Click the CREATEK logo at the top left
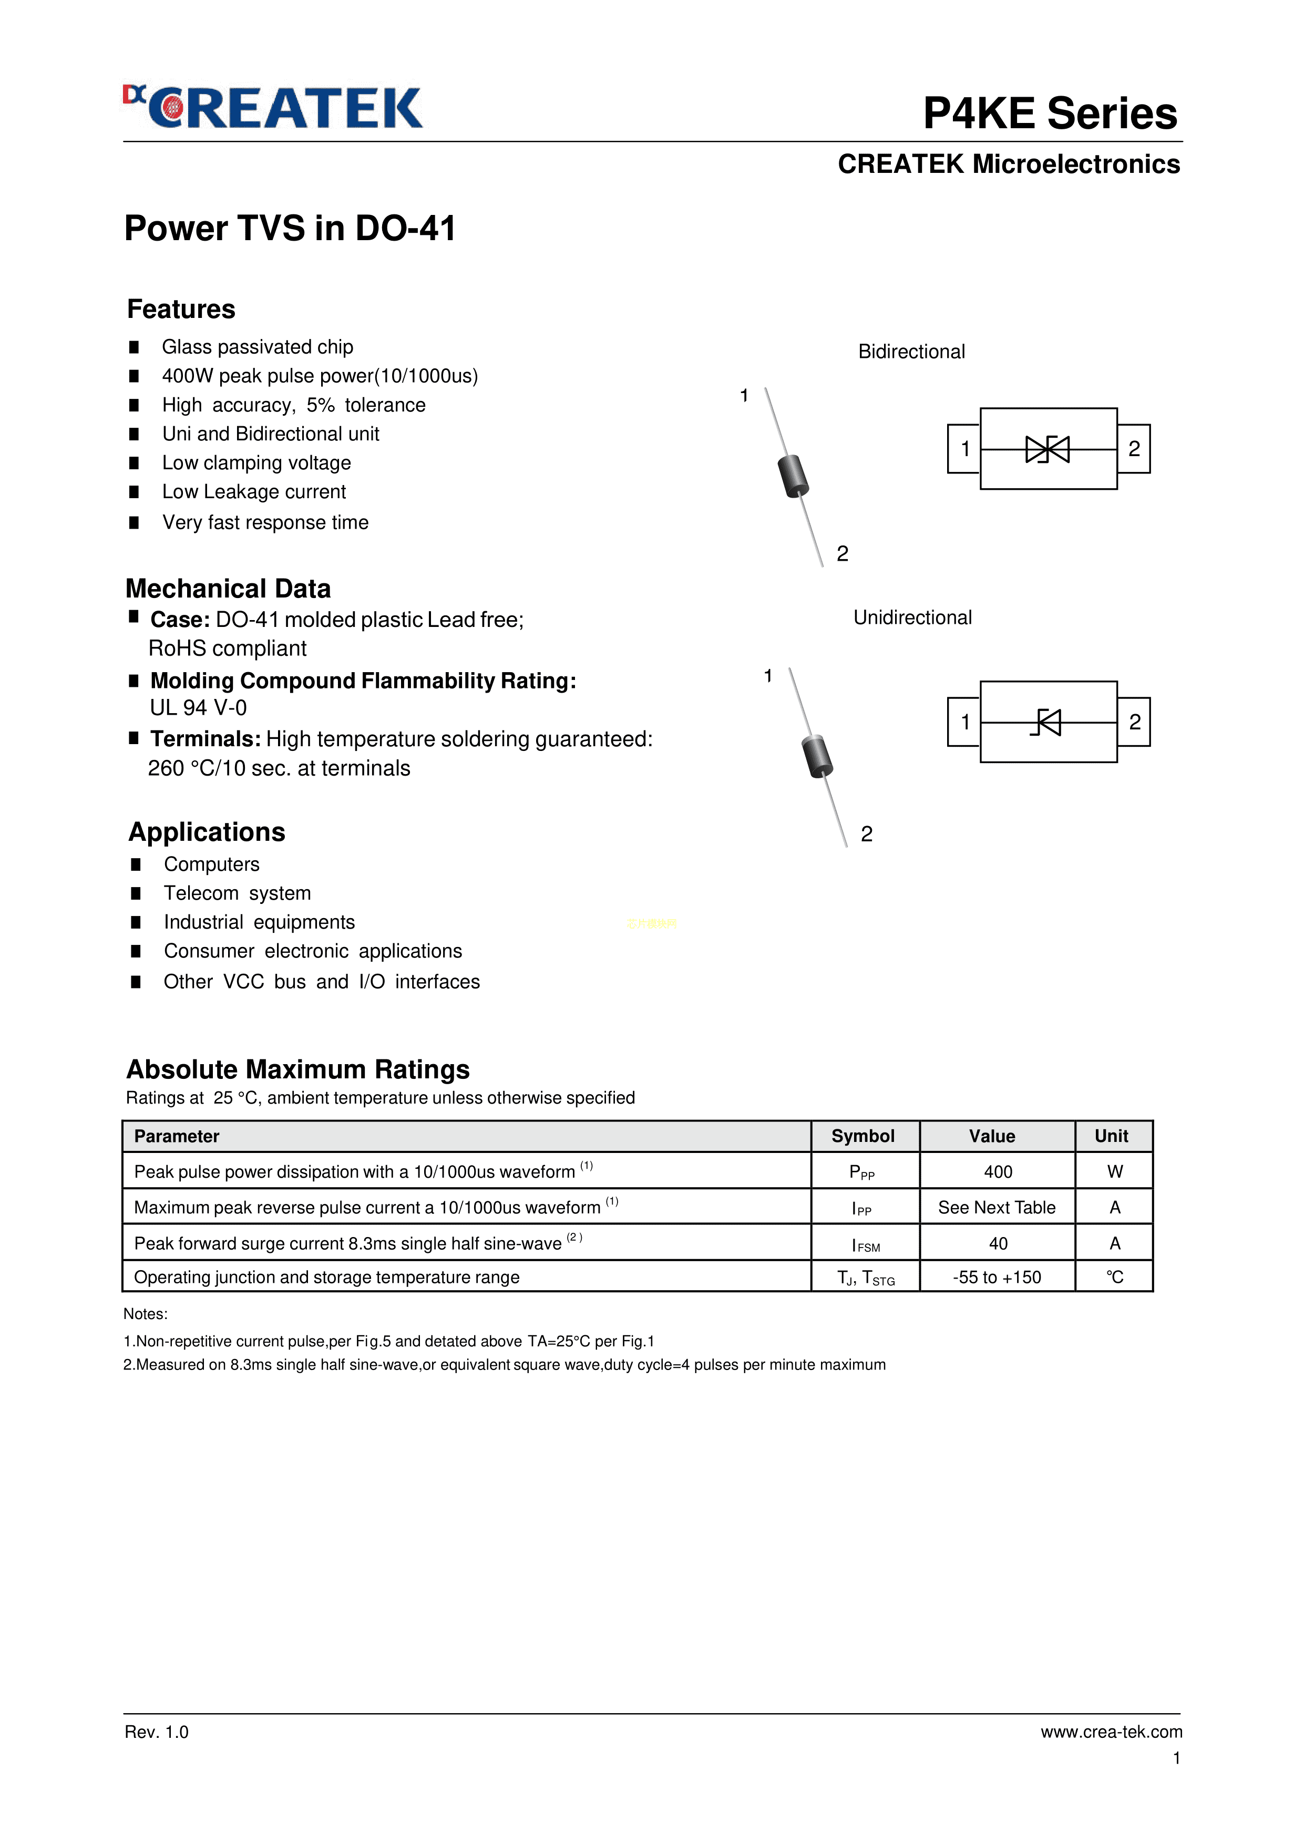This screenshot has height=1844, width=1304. pos(273,108)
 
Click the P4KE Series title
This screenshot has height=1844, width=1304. pos(1049,113)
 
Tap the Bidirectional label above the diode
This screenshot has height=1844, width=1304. pos(911,352)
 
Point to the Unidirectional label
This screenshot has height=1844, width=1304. pos(912,617)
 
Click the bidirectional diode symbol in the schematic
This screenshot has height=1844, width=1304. pos(1048,449)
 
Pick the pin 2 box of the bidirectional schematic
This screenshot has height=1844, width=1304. pos(1134,449)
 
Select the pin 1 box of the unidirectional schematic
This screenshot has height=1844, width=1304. pos(964,722)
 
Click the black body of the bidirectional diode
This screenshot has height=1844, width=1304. pos(793,476)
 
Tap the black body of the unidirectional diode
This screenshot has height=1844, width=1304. pos(817,756)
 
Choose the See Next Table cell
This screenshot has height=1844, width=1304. pos(997,1207)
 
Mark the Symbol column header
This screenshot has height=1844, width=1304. pos(863,1137)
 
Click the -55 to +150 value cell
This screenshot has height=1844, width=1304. pos(997,1277)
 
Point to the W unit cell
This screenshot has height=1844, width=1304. pos(1114,1172)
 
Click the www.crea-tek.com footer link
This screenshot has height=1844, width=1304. pos(1111,1732)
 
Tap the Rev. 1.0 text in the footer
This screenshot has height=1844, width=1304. pos(157,1732)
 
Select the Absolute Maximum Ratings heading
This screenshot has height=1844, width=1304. pos(298,1070)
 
